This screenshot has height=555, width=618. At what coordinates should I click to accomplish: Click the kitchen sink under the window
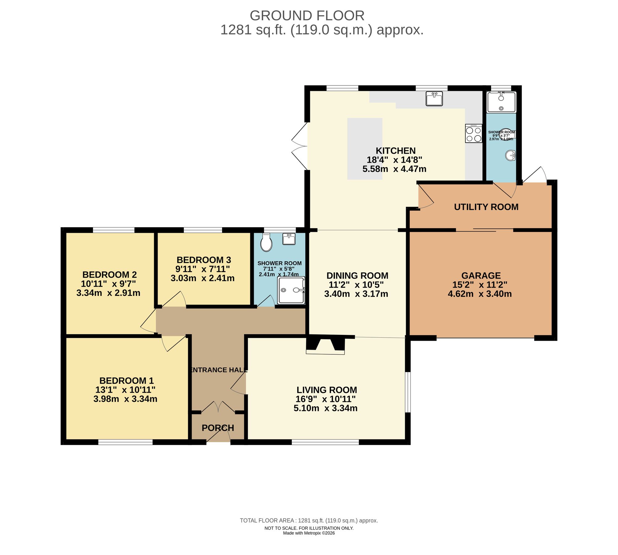(x=434, y=99)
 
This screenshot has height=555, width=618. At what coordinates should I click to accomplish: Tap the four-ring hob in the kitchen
(x=473, y=133)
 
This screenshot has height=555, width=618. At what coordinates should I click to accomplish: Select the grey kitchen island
(x=365, y=149)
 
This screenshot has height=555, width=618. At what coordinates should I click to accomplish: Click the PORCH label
(x=218, y=428)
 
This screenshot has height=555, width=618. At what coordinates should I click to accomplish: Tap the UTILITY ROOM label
(x=486, y=207)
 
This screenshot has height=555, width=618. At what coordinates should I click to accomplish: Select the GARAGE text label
(x=481, y=275)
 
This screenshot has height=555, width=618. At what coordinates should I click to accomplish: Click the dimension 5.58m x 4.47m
(x=394, y=169)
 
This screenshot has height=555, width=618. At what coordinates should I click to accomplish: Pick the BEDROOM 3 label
(x=204, y=260)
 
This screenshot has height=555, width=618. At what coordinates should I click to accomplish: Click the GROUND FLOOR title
(x=307, y=15)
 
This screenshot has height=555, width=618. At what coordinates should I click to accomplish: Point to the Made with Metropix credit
(x=309, y=533)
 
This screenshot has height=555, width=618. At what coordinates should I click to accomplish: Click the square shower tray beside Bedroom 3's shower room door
(x=291, y=290)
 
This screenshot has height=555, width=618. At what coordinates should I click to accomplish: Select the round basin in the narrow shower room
(x=510, y=155)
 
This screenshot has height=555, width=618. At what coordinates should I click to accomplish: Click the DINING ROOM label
(x=357, y=275)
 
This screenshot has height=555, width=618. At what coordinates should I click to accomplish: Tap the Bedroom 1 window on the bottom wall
(x=125, y=442)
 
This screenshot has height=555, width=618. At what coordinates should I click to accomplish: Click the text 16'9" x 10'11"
(x=325, y=399)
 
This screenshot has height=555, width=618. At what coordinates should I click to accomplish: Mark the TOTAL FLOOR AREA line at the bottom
(x=309, y=520)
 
